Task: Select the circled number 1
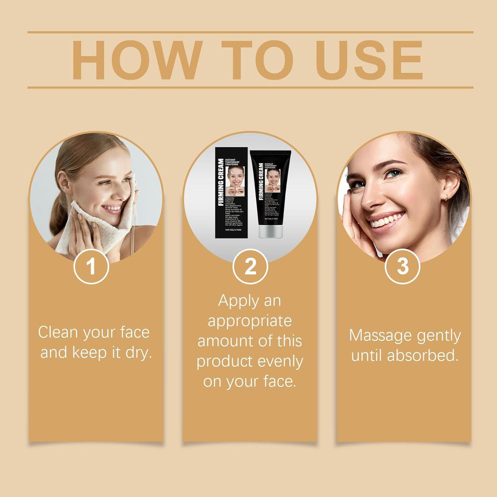tap(91, 267)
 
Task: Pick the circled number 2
tap(250, 267)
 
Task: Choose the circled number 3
tap(403, 267)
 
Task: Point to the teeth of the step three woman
tap(387, 220)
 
